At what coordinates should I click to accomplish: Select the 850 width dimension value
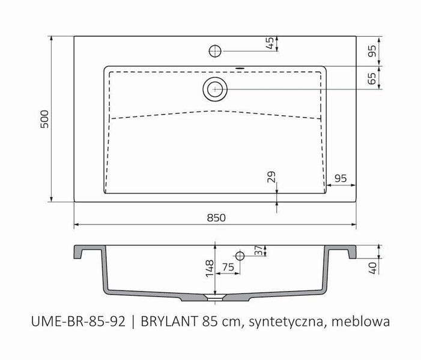click(216, 218)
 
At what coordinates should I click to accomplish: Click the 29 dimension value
click(270, 177)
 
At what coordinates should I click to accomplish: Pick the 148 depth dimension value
click(208, 266)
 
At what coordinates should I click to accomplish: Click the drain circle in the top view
click(215, 89)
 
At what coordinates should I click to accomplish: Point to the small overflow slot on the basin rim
click(240, 67)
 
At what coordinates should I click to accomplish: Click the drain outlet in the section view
click(214, 296)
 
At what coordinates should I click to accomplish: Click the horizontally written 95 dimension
click(341, 178)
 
